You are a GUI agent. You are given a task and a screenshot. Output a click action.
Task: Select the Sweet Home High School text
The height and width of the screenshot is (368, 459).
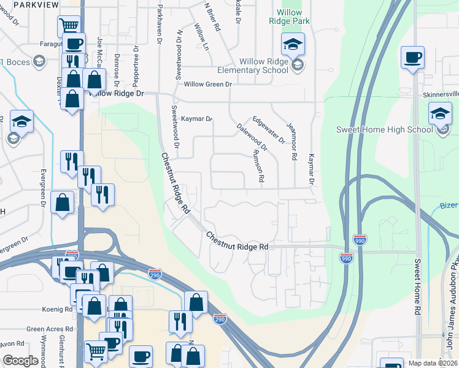click(x=384, y=129)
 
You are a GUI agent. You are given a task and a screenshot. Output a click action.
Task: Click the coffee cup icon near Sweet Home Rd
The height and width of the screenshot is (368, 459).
click(x=412, y=58)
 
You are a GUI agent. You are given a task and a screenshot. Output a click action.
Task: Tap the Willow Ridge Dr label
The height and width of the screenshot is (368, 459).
click(x=117, y=93)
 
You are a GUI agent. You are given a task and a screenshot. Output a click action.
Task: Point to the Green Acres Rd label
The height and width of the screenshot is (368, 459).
click(x=50, y=329)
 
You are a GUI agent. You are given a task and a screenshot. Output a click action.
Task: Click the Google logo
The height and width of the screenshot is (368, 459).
click(x=20, y=361)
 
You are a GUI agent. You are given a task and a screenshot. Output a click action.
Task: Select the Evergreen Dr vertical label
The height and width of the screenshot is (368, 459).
click(x=44, y=187)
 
